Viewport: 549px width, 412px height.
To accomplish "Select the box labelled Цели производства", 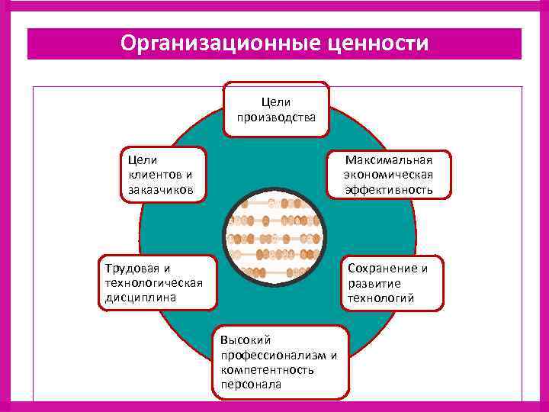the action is [276, 109].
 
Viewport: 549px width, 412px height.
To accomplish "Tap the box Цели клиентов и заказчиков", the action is [165, 174].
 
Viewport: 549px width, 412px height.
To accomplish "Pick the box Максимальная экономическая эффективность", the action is [388, 175].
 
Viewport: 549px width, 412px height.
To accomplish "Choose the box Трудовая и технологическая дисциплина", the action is [157, 282].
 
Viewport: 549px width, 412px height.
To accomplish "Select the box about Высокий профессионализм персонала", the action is [279, 362].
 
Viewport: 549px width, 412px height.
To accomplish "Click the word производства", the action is [276, 117].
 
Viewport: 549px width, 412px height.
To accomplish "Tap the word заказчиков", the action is [161, 188].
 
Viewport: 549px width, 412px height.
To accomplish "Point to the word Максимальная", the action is [388, 160].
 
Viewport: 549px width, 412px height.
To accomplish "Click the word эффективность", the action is [388, 189].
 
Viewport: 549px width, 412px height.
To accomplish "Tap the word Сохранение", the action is [387, 269].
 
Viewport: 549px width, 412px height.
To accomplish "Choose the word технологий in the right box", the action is [381, 298].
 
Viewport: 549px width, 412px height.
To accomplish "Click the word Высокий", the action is [246, 340].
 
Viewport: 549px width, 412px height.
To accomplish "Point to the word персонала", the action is [251, 384].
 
